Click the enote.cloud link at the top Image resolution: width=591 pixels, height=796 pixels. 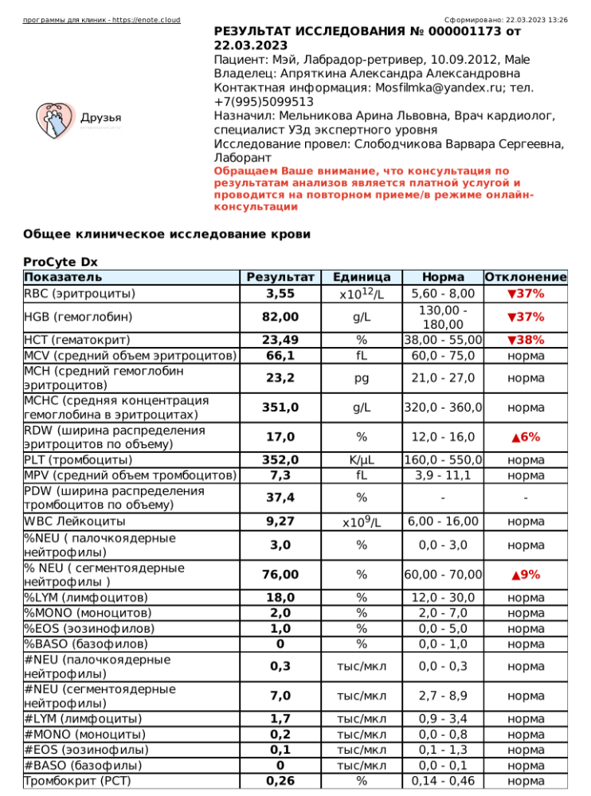[x=101, y=19]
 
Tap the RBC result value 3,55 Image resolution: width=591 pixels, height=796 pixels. [x=280, y=294]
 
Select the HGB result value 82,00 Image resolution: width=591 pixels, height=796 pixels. [x=280, y=317]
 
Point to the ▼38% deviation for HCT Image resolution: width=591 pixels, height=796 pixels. [x=526, y=340]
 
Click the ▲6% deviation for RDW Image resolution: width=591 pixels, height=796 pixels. [x=526, y=437]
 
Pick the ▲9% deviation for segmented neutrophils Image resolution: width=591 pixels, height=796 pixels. [x=526, y=574]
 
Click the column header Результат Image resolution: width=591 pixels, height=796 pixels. [x=280, y=278]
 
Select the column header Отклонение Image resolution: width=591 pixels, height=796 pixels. [x=526, y=278]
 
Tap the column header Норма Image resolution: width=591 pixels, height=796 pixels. [x=444, y=278]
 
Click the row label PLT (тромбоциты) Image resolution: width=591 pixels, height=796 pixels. [x=79, y=460]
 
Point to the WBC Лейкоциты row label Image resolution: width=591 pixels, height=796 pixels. [x=75, y=521]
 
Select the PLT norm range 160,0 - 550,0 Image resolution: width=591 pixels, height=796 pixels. [x=444, y=460]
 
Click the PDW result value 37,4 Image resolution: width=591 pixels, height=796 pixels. [x=280, y=497]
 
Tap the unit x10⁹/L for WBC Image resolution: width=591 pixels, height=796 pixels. [x=361, y=522]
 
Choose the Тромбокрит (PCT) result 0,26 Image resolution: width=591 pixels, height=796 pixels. [x=280, y=781]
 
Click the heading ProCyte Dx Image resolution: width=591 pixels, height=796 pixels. [x=61, y=262]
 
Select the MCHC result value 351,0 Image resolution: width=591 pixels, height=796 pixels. [x=280, y=408]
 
